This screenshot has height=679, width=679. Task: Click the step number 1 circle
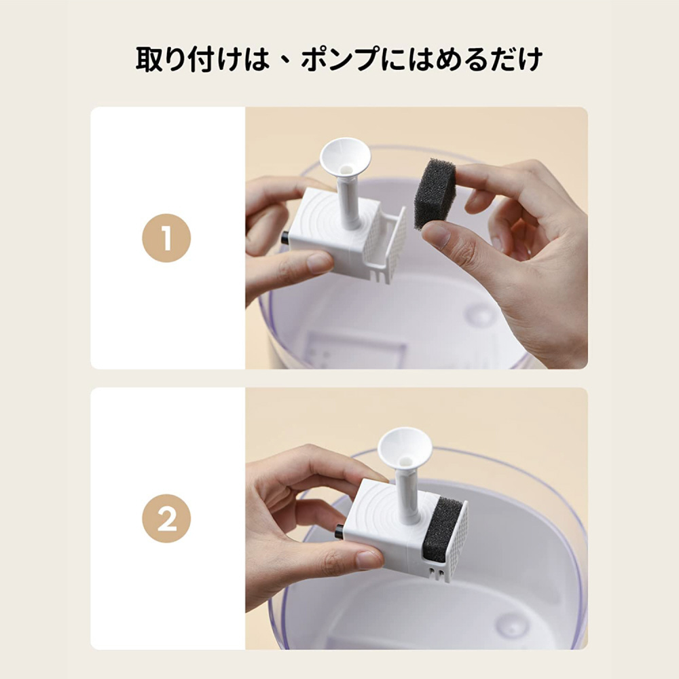(x=166, y=238)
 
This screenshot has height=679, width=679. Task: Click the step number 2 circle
(x=166, y=518)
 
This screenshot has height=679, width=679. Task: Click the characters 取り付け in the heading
(x=188, y=59)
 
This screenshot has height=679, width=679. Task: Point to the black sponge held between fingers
(x=435, y=194)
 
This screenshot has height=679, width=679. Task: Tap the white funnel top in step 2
(x=404, y=449)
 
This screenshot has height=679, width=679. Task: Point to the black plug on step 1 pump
(x=285, y=238)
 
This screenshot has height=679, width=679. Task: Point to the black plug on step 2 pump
(x=339, y=531)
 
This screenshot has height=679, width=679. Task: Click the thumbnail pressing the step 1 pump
(x=320, y=262)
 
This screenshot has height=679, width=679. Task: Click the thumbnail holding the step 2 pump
(x=369, y=559)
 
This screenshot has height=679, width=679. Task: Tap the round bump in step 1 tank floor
(x=479, y=312)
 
